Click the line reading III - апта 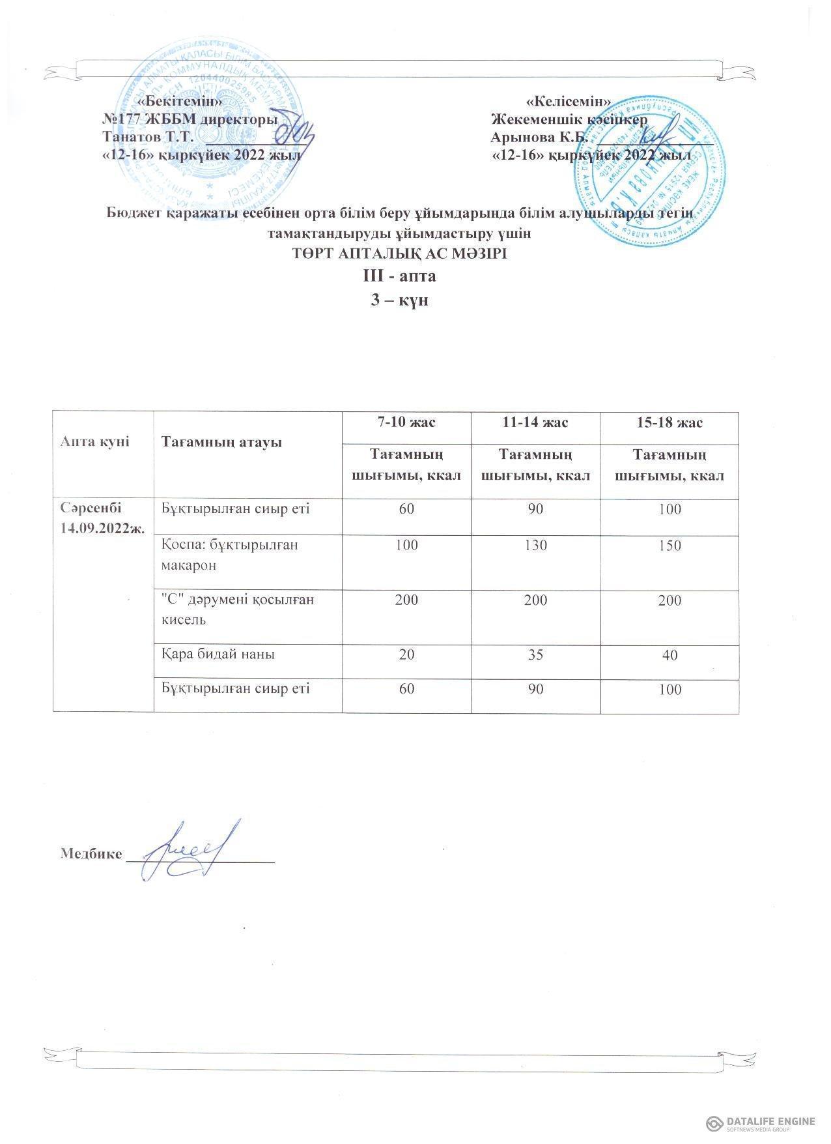[x=399, y=276]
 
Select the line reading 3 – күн [x=399, y=301]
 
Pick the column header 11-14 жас [x=536, y=422]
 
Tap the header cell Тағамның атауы [x=221, y=443]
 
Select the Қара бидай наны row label [x=218, y=654]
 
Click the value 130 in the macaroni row [x=536, y=545]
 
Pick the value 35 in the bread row [x=536, y=654]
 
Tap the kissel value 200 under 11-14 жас [x=536, y=600]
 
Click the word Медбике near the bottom [x=91, y=854]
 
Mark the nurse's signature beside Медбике [x=186, y=849]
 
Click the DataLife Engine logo [x=761, y=1122]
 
